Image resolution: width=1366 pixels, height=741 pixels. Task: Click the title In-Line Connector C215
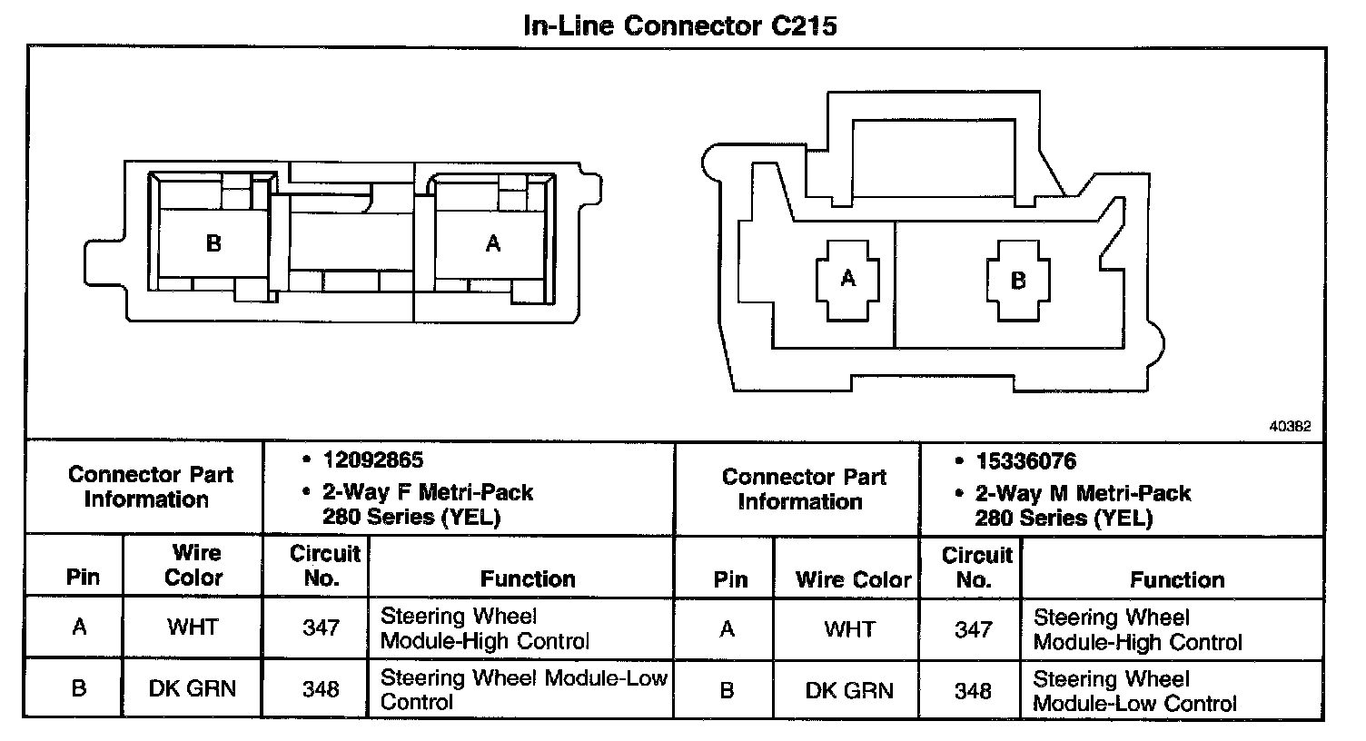click(680, 25)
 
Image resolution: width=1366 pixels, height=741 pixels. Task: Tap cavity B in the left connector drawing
click(213, 243)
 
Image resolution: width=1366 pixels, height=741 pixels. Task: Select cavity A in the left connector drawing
click(492, 243)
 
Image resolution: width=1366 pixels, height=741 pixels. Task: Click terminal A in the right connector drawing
click(848, 278)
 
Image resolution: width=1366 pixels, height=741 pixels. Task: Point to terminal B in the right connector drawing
click(1018, 280)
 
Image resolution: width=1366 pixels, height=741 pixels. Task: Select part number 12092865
click(373, 460)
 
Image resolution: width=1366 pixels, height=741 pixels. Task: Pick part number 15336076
click(1026, 461)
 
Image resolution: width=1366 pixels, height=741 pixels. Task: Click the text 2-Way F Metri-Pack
click(428, 493)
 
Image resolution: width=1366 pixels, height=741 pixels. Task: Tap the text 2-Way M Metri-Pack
click(1083, 494)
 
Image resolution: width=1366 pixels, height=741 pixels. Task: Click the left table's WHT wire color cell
click(193, 627)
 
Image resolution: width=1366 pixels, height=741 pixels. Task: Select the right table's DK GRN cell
click(849, 690)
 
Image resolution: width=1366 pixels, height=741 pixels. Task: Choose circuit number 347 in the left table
click(321, 627)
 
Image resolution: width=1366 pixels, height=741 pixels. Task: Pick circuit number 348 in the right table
click(973, 691)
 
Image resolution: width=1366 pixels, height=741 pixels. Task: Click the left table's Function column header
click(528, 578)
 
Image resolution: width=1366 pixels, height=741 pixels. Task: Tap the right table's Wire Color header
click(853, 579)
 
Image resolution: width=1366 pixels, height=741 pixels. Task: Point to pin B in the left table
click(79, 688)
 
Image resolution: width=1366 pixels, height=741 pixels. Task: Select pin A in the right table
click(727, 628)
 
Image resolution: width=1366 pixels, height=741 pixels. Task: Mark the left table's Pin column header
click(83, 578)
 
